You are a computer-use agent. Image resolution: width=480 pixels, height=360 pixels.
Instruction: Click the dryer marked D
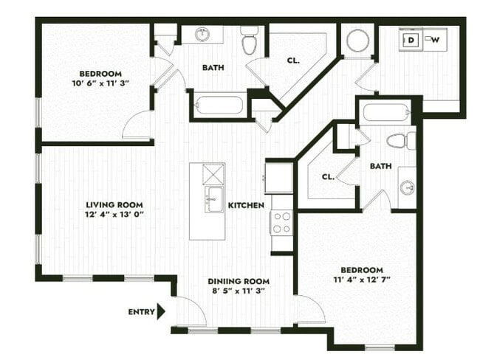point(411,40)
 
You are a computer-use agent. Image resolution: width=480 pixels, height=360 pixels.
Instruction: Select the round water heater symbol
point(358,41)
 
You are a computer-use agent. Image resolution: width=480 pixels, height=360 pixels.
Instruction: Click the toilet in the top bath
point(250,41)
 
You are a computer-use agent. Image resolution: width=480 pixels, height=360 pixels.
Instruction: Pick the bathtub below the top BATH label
point(219,105)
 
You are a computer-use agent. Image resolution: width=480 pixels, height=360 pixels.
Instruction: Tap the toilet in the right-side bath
point(400,140)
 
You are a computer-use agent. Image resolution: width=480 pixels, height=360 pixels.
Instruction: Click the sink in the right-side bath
point(407,186)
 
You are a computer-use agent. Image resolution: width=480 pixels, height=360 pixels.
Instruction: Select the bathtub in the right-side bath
point(386,113)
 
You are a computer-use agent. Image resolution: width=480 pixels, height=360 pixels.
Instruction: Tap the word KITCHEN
point(246,205)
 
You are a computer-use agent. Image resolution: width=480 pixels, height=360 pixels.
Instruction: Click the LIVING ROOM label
point(114,205)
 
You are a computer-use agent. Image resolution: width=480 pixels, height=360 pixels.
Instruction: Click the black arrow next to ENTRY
point(162,312)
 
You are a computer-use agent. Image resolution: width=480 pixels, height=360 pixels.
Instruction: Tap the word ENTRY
point(141,312)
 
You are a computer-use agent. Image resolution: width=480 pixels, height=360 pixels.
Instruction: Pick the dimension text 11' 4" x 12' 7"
point(362,281)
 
